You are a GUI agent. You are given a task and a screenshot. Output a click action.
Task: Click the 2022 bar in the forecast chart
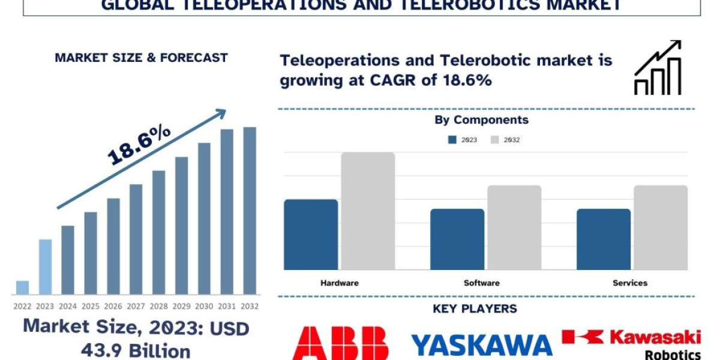(22, 287)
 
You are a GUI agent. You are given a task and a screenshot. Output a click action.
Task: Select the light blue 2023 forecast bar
(45, 267)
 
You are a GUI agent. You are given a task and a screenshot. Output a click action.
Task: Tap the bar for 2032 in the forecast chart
(250, 211)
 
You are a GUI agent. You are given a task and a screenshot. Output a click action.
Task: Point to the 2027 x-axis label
(136, 306)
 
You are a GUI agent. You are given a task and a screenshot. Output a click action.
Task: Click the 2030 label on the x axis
(204, 306)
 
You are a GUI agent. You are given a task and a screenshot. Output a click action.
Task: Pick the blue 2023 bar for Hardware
(311, 235)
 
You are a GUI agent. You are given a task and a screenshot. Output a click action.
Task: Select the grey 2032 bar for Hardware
(368, 211)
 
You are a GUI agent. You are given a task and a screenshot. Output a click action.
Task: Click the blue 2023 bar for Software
(457, 239)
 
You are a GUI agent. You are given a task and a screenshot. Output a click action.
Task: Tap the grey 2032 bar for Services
(661, 227)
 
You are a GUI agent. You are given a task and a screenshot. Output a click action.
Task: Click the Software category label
(481, 283)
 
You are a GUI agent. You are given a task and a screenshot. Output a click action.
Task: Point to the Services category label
(630, 283)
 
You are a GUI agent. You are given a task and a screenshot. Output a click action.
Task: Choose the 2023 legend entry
(463, 140)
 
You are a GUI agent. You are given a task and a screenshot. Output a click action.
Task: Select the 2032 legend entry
(505, 140)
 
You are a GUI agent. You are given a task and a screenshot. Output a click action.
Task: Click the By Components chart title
(482, 120)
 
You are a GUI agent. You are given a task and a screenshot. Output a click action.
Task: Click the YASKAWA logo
(482, 344)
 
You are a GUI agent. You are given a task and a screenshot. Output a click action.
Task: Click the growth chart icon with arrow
(658, 68)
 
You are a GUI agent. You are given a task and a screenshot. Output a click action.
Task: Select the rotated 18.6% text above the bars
(140, 145)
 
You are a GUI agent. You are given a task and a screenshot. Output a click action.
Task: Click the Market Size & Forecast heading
(141, 58)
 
